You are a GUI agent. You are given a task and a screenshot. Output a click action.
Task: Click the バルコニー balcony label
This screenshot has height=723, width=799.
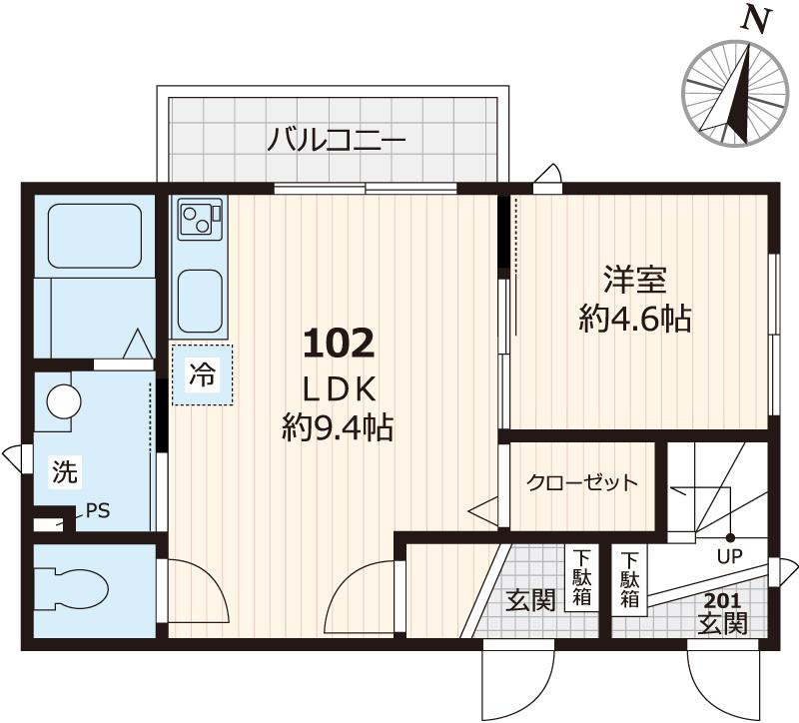tap(336, 139)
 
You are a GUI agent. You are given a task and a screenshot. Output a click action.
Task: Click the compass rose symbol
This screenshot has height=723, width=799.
tap(733, 96)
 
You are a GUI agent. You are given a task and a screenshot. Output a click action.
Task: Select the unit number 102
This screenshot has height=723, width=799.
tap(338, 344)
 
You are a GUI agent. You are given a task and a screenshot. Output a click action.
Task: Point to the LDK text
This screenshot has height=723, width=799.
tap(338, 387)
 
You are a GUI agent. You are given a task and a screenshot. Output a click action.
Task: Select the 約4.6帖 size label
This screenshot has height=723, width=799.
tap(635, 319)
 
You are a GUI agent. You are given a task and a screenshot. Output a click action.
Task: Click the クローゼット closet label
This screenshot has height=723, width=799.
tap(581, 483)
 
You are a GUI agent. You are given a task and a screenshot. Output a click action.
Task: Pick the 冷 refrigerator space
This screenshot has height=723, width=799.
tap(202, 375)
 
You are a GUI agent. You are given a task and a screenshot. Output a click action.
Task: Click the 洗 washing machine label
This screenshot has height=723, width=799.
tap(63, 471)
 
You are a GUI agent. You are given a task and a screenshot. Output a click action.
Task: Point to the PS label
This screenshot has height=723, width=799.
tap(98, 511)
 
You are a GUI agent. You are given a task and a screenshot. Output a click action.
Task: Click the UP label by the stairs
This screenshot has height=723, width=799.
tap(727, 556)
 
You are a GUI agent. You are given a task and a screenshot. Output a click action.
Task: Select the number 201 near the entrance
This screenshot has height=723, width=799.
tap(722, 601)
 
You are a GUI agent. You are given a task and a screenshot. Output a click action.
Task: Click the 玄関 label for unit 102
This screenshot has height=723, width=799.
tap(529, 601)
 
